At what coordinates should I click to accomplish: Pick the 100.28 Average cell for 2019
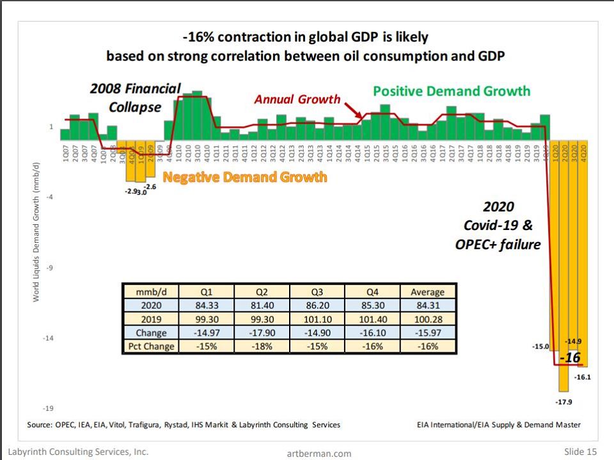(x=427, y=319)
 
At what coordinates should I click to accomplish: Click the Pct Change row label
(x=152, y=346)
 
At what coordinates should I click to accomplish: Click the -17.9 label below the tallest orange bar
(x=563, y=402)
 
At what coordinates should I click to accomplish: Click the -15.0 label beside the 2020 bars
(x=540, y=347)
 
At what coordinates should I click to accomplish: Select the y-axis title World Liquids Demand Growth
(x=38, y=232)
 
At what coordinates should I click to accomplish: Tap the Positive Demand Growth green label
(x=452, y=91)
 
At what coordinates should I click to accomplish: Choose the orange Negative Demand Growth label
(x=244, y=177)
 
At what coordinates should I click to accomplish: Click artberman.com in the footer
(x=319, y=454)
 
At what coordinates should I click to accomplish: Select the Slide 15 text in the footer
(x=580, y=452)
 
